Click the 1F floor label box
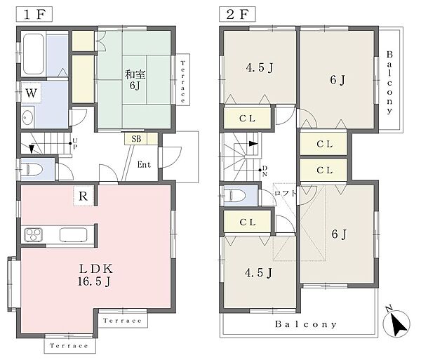[x=34, y=14]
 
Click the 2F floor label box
[x=237, y=14]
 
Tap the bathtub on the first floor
[x=34, y=54]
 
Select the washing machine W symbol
[x=31, y=93]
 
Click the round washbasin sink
[x=27, y=117]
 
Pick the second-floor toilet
[x=234, y=195]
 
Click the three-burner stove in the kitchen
[x=34, y=234]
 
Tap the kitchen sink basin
[x=73, y=234]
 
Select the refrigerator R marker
[x=83, y=196]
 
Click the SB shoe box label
[x=136, y=139]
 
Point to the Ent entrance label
[x=144, y=164]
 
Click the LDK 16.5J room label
[x=95, y=275]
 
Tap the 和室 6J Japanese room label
[x=135, y=80]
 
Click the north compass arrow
[x=396, y=322]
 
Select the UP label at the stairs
[x=75, y=144]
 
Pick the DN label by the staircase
[x=265, y=171]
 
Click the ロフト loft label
[x=286, y=193]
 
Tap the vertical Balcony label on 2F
[x=389, y=83]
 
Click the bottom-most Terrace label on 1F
[x=69, y=345]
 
